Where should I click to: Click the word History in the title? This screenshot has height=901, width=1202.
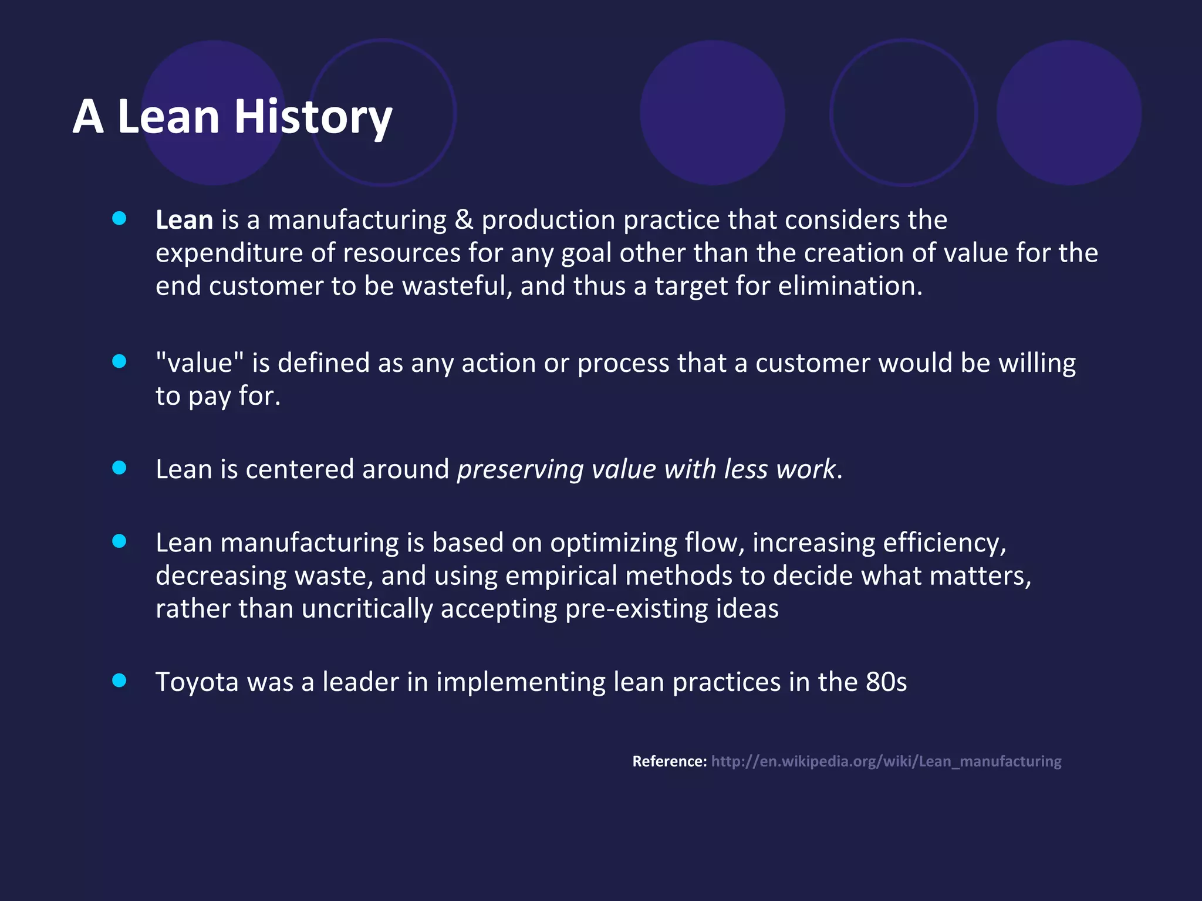point(313,117)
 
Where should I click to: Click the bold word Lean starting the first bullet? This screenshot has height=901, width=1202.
point(184,221)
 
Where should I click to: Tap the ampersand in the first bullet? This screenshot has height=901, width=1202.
point(464,221)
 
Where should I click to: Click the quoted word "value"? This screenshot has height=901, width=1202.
point(200,363)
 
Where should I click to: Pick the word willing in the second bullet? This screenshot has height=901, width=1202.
point(1037,363)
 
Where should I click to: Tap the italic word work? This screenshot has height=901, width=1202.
point(805,470)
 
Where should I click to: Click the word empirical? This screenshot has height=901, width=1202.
point(561,576)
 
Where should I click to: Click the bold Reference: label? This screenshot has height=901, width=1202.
point(669,761)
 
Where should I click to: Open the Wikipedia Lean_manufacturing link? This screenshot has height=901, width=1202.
point(886,761)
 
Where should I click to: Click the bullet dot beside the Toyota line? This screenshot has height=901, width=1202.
point(119,680)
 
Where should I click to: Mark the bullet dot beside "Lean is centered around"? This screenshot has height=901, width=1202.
point(119,468)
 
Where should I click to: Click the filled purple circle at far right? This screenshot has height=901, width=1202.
point(1068,113)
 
